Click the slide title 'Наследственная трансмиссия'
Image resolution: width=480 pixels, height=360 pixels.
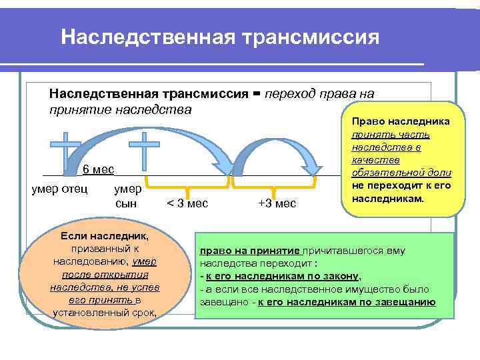220,36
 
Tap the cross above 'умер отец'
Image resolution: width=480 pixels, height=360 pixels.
67,150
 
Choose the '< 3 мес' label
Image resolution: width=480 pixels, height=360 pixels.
186,203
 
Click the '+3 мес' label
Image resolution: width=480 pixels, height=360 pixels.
276,203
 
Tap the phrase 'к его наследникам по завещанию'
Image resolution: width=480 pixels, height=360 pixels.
347,302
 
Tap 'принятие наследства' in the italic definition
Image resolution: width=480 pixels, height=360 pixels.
120,109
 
